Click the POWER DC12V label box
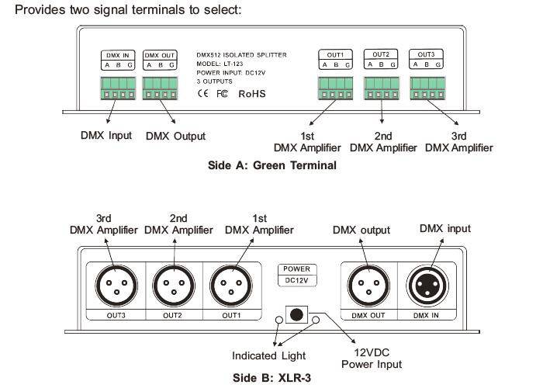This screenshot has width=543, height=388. coord(297,275)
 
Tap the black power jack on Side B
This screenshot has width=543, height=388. coord(297,314)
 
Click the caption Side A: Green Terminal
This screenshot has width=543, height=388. coord(271,165)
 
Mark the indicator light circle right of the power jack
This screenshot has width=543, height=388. coord(316,318)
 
